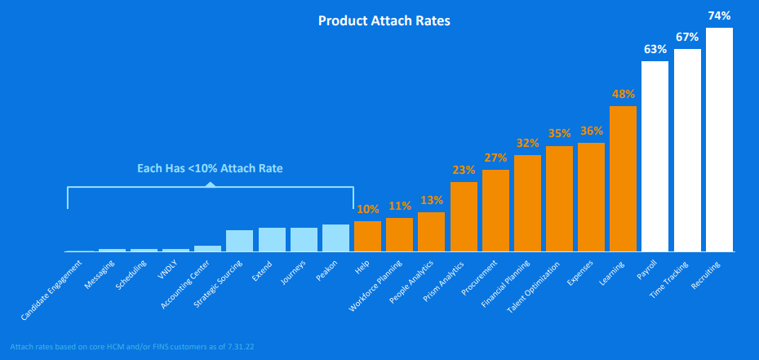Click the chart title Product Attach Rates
point(384,20)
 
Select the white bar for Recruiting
point(719,139)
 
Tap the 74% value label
point(719,16)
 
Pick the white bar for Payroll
point(655,155)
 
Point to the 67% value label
point(687,37)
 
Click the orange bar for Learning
point(623,178)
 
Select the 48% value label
point(623,94)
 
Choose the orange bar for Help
point(367,236)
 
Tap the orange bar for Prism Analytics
point(464,216)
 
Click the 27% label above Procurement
point(495,158)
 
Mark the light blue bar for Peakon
point(335,238)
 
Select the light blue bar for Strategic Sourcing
point(239,240)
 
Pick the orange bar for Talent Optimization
point(559,198)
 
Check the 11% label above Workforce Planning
point(399,206)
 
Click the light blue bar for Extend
point(272,239)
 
